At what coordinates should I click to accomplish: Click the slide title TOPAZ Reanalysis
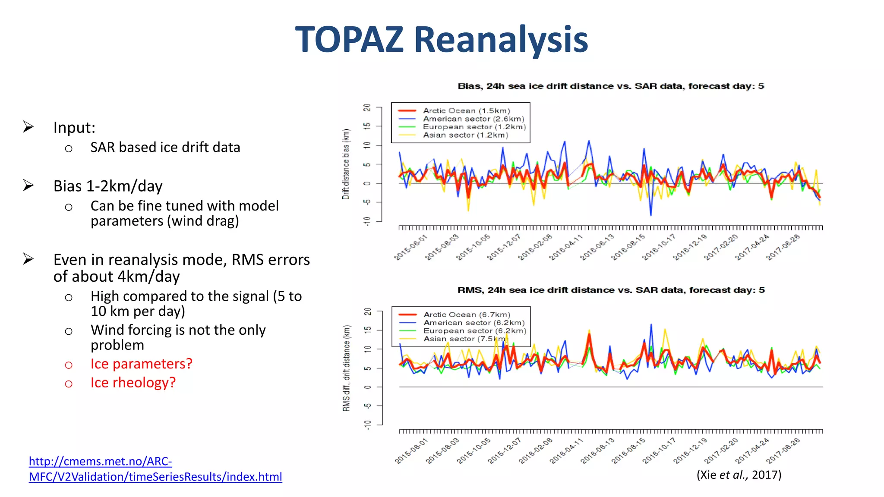click(441, 40)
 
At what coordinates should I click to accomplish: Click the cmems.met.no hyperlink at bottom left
click(155, 469)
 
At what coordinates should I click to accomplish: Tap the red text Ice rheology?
click(133, 383)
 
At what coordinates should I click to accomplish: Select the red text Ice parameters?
click(141, 364)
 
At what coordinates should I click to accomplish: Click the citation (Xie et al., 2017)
click(739, 475)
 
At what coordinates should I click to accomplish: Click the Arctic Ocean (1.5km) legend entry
click(466, 111)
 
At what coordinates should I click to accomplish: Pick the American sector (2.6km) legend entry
click(473, 119)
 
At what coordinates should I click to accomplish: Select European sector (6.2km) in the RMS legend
click(474, 331)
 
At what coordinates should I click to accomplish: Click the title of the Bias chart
click(610, 86)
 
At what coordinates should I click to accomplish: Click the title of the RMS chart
click(611, 290)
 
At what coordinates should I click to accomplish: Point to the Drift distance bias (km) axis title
click(346, 164)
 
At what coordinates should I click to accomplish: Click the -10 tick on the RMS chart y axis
click(367, 425)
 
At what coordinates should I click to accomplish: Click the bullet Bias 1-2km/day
click(108, 186)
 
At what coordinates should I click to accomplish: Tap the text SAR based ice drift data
click(165, 148)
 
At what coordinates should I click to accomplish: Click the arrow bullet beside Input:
click(28, 127)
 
